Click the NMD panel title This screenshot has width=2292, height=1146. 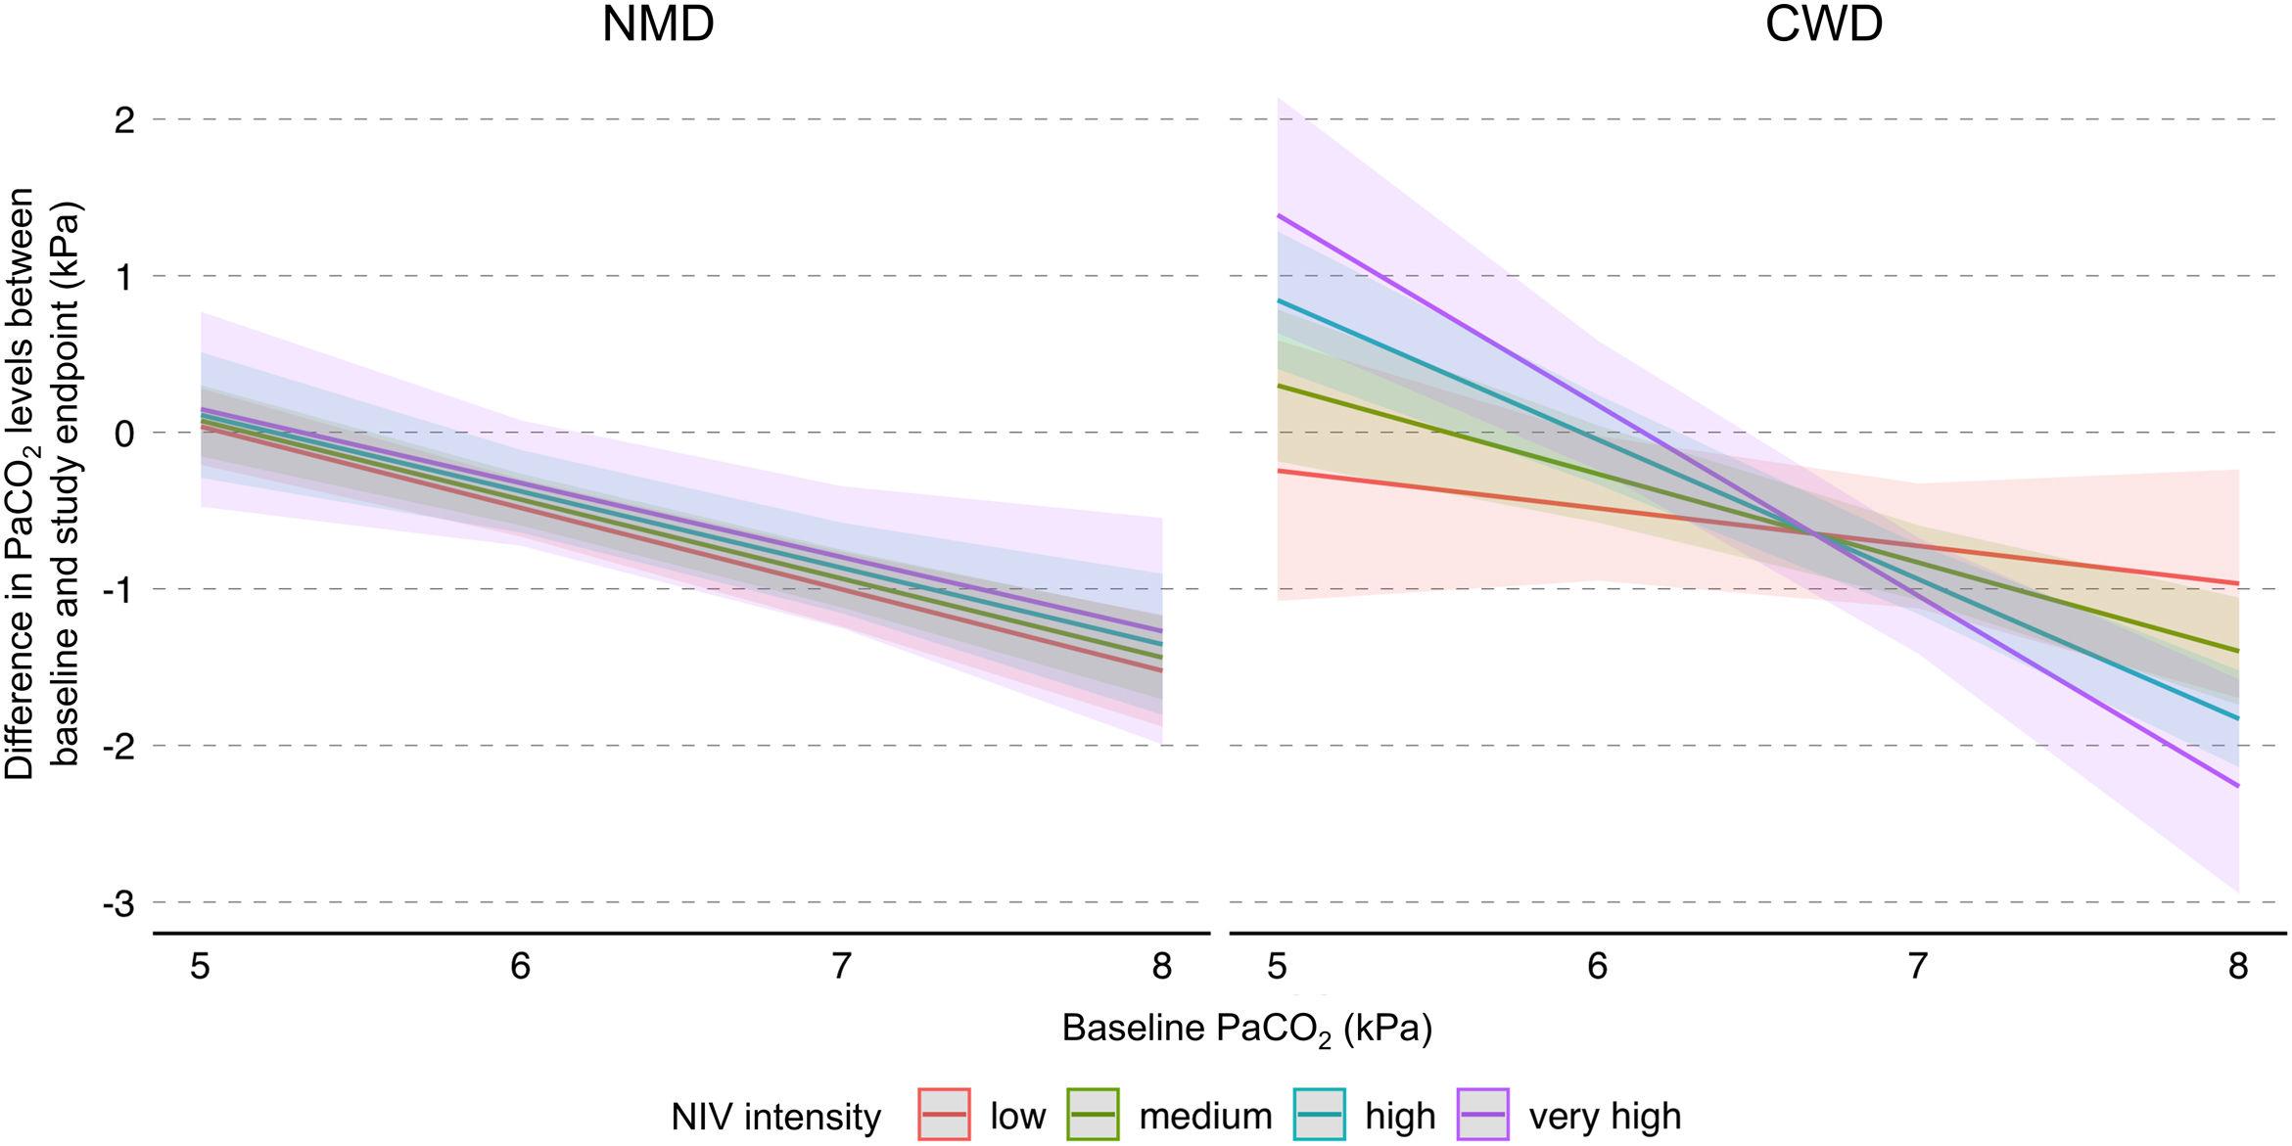[658, 25]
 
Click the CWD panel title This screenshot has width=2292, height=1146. [1824, 25]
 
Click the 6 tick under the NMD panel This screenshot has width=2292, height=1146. [520, 967]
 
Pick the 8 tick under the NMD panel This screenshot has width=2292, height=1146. [1161, 967]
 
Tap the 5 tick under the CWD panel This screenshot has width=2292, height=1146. [1277, 967]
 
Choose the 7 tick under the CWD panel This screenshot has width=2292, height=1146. [1917, 967]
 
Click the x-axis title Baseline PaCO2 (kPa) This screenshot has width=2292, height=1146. [1246, 1030]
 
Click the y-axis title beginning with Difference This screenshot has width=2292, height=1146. [43, 484]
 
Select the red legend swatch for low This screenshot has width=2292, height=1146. [944, 1115]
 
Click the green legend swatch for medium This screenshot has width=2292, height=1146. [1093, 1115]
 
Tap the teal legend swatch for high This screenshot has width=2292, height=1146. [1319, 1115]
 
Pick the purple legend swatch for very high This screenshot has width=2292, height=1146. [1482, 1115]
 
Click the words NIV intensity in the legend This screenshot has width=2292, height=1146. [775, 1117]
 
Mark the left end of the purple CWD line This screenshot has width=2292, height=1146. [1278, 215]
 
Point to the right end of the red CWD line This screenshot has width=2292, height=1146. [2238, 583]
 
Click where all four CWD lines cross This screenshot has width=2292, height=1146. [1814, 534]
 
